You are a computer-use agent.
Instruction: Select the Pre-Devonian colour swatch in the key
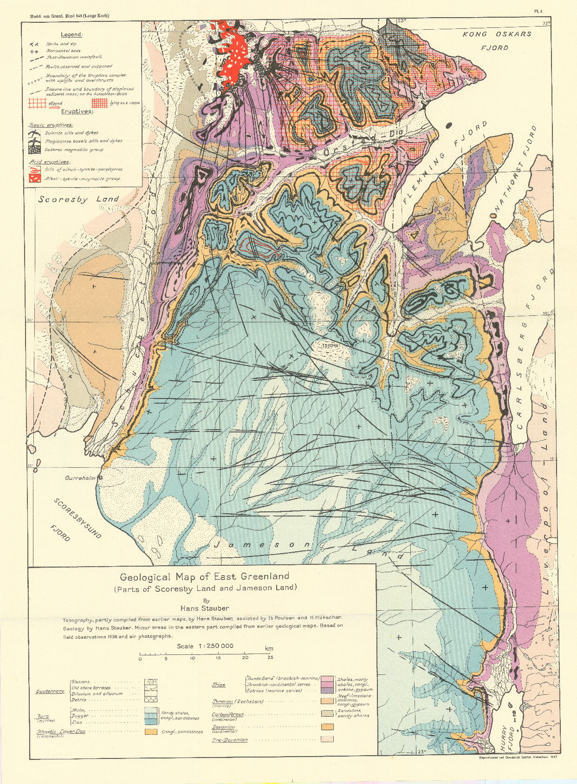click(327, 738)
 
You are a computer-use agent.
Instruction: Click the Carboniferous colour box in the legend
click(327, 713)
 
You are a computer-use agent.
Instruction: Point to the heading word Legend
click(71, 35)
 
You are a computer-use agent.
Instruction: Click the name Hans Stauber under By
click(205, 608)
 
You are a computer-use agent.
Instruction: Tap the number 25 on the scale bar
click(270, 658)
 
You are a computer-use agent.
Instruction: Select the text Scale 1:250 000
click(205, 646)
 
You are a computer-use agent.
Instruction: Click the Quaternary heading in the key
click(51, 691)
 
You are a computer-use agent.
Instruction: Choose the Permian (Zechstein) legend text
click(238, 701)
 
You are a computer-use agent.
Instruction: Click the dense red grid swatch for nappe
click(99, 103)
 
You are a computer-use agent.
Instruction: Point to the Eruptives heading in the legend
click(77, 111)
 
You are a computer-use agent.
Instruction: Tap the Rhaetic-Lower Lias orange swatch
click(150, 732)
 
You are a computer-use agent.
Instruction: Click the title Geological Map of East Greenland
click(204, 577)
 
